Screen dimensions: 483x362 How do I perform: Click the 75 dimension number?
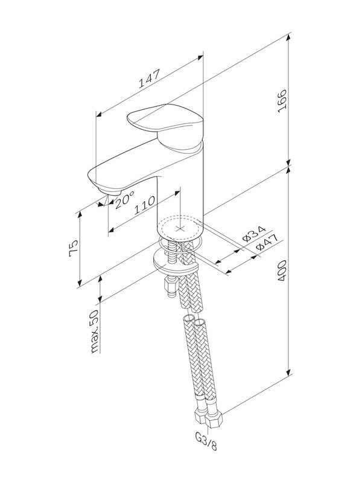coord(74,249)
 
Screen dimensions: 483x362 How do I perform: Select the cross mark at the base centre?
coord(179,229)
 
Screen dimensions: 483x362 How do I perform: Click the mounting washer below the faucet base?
coord(175,261)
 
